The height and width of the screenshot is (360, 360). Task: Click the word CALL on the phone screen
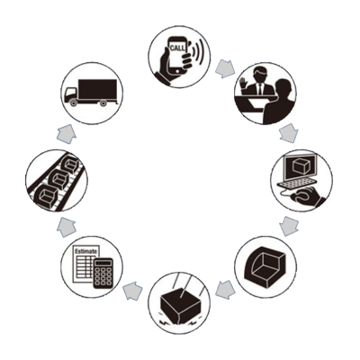pos(177,48)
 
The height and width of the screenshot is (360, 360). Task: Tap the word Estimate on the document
pos(86,251)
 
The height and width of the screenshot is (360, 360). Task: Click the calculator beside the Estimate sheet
pos(103,273)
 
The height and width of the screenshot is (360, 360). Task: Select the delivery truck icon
pos(91,93)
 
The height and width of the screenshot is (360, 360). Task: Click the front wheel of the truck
pos(73,103)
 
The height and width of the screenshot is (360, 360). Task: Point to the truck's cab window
pos(69,91)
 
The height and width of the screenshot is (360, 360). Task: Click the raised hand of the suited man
pos(243,83)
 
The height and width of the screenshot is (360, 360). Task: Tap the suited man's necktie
pos(260,88)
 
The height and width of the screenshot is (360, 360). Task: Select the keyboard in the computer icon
pos(297,184)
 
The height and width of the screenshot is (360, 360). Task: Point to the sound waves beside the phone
pos(196,51)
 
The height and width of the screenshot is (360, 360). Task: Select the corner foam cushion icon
pos(265,265)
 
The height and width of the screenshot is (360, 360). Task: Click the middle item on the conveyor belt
pos(59,180)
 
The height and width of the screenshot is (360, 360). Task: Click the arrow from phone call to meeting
pos(224,69)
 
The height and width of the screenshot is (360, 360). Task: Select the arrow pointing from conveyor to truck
pos(67,134)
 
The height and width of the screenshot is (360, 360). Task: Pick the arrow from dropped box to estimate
pos(132,291)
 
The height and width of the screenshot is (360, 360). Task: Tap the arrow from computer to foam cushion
pos(289,225)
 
